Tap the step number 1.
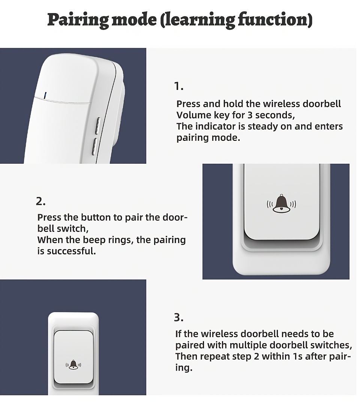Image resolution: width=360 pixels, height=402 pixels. (178, 87)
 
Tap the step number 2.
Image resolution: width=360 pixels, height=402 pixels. (40, 202)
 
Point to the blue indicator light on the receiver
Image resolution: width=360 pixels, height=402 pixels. (45, 95)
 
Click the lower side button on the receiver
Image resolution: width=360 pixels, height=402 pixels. (94, 146)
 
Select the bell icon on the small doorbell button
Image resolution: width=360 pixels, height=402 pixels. (73, 365)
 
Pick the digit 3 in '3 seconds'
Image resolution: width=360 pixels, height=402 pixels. (250, 115)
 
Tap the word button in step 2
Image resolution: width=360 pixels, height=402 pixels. (97, 217)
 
